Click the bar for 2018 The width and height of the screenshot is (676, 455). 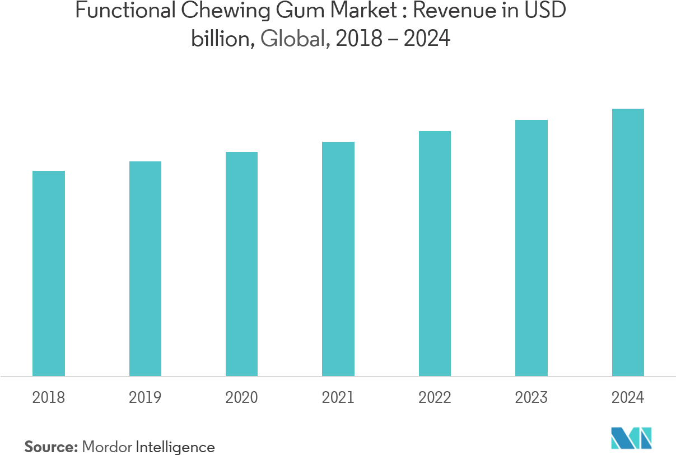pyautogui.click(x=49, y=273)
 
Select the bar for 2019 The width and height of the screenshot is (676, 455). pyautogui.click(x=145, y=269)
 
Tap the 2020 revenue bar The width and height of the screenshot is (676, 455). pyautogui.click(x=241, y=264)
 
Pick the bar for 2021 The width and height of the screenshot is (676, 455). pyautogui.click(x=338, y=259)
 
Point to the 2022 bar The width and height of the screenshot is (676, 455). pyautogui.click(x=435, y=254)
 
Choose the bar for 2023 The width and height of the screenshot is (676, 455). pyautogui.click(x=532, y=248)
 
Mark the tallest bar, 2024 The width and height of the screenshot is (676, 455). pyautogui.click(x=628, y=243)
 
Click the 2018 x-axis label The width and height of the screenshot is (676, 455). pyautogui.click(x=49, y=398)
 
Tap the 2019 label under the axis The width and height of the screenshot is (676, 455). pyautogui.click(x=145, y=398)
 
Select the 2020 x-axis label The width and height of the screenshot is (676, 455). pyautogui.click(x=241, y=398)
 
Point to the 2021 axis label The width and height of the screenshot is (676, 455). pyautogui.click(x=338, y=398)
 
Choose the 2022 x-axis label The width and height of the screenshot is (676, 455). pyautogui.click(x=435, y=398)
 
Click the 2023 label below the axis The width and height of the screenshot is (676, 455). pyautogui.click(x=532, y=398)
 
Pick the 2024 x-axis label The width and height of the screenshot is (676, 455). pyautogui.click(x=628, y=398)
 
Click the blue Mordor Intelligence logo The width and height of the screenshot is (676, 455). pyautogui.click(x=632, y=438)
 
